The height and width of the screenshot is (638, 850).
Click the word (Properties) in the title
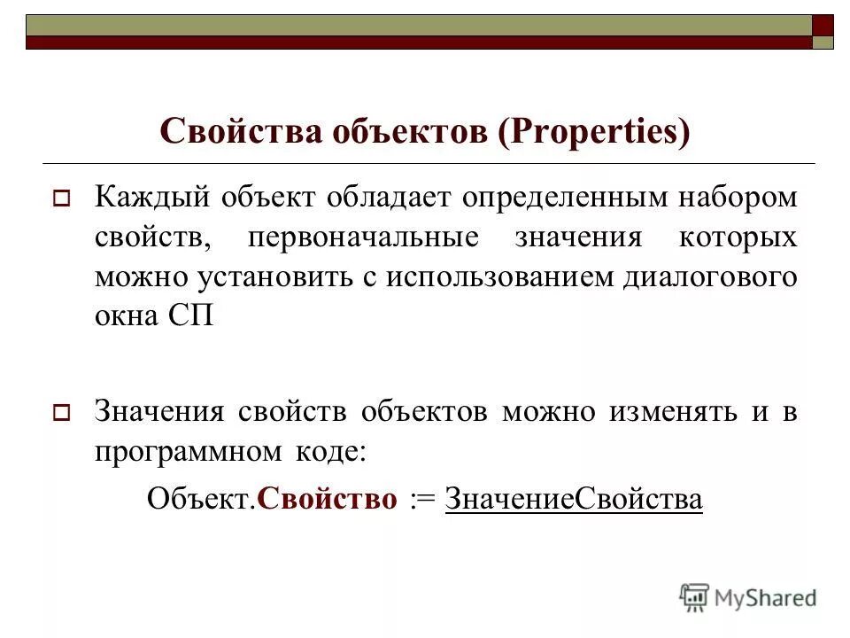[x=592, y=133]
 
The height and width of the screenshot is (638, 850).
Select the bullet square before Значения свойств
[x=62, y=413]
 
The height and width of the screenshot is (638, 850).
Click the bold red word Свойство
[x=327, y=499]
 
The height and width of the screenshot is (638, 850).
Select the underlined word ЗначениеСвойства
[x=574, y=499]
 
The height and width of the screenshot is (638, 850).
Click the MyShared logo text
[x=765, y=598]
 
